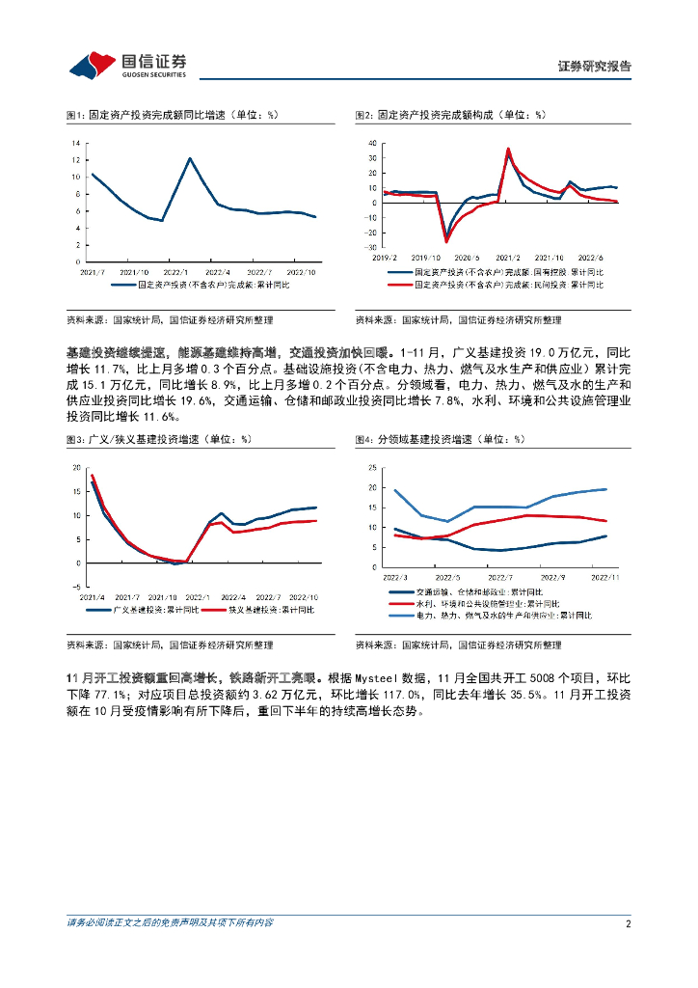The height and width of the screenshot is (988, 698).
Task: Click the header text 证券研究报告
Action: (595, 67)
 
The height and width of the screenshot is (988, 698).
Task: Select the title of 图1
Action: (172, 115)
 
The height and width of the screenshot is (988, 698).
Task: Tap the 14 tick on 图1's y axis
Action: (75, 144)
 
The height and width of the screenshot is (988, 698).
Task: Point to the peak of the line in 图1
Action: (190, 158)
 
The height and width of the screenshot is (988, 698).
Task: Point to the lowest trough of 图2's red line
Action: (446, 241)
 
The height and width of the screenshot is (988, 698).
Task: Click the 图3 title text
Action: (159, 439)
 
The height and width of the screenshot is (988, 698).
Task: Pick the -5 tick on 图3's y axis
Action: (78, 587)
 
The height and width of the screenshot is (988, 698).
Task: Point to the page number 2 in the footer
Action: (628, 923)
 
